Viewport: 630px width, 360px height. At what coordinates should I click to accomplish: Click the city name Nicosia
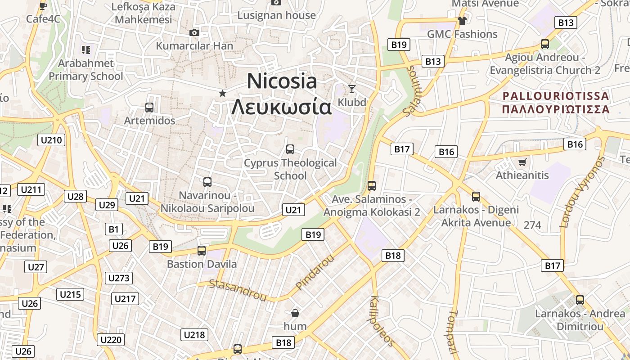point(282,81)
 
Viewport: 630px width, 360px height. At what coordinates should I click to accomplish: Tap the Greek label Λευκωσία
point(281,107)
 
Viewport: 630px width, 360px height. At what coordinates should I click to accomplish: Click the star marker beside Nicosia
point(222,93)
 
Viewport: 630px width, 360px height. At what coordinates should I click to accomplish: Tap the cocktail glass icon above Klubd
point(352,89)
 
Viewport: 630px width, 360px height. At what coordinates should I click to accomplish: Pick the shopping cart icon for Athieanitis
point(522,162)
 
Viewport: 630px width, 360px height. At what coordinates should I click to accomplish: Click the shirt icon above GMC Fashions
point(462,20)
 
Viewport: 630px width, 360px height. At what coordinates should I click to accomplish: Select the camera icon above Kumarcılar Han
point(194,32)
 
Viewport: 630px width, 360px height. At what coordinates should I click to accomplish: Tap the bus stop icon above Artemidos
point(149,108)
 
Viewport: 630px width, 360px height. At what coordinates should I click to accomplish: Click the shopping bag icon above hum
point(295,313)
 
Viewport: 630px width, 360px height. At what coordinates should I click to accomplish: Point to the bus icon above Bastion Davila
point(202,251)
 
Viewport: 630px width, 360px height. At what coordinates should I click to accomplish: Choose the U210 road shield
point(51,140)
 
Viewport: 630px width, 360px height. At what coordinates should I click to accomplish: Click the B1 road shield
point(114,229)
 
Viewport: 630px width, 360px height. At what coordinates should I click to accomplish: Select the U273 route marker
point(119,278)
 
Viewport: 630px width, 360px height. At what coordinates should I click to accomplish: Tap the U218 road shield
point(194,334)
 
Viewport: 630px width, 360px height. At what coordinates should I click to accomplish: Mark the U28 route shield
point(76,196)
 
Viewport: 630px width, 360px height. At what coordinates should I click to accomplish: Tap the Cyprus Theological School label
point(290,169)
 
